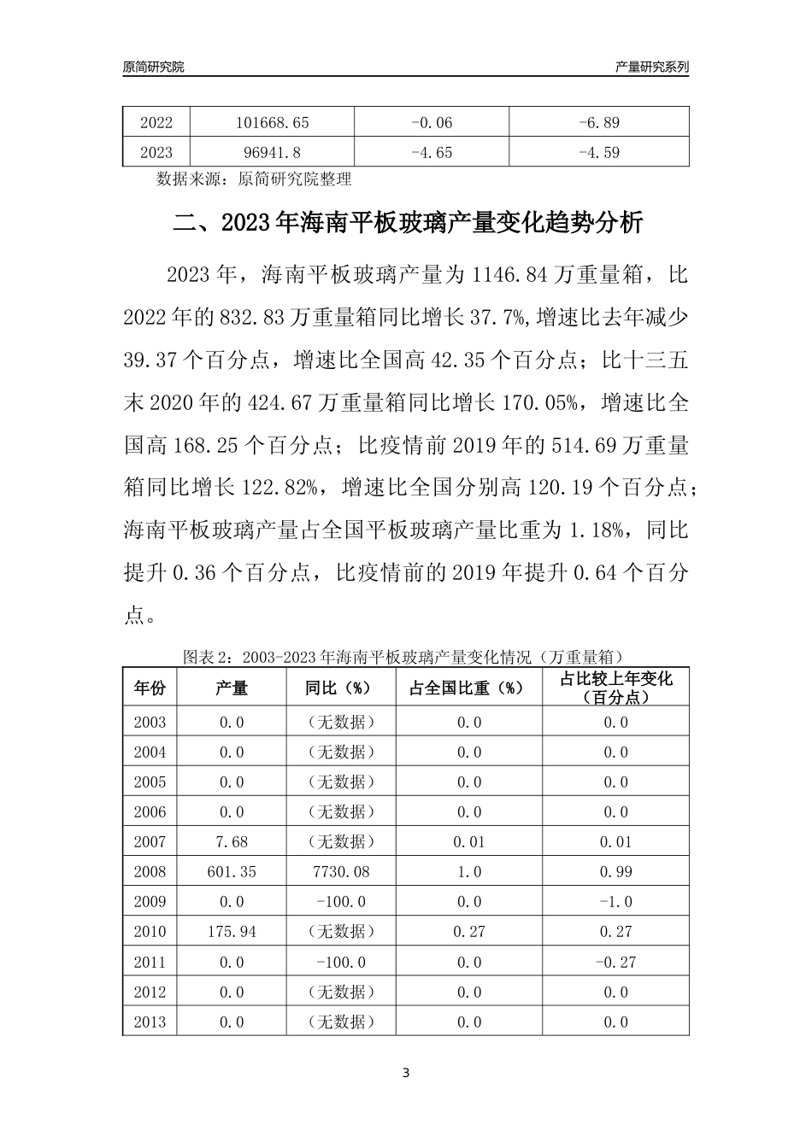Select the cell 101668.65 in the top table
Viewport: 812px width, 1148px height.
pos(272,123)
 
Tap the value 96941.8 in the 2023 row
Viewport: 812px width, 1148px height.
pos(272,153)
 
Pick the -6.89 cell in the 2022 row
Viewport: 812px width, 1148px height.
pos(598,123)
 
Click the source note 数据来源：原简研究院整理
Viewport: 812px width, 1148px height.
pos(254,179)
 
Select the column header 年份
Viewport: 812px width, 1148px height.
pos(150,688)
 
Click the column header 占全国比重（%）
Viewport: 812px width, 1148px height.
pos(469,688)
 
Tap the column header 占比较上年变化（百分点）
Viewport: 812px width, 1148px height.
pos(615,688)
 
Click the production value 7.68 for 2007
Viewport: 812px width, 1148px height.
pos(232,842)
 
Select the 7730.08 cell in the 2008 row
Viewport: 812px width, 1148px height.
pos(341,872)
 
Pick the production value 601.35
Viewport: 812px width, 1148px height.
pos(232,872)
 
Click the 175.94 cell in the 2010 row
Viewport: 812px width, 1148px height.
pos(232,932)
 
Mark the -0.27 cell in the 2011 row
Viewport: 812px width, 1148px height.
pos(615,963)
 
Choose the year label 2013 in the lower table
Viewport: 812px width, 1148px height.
pos(150,1022)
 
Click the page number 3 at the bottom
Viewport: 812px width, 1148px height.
pos(406,1074)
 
